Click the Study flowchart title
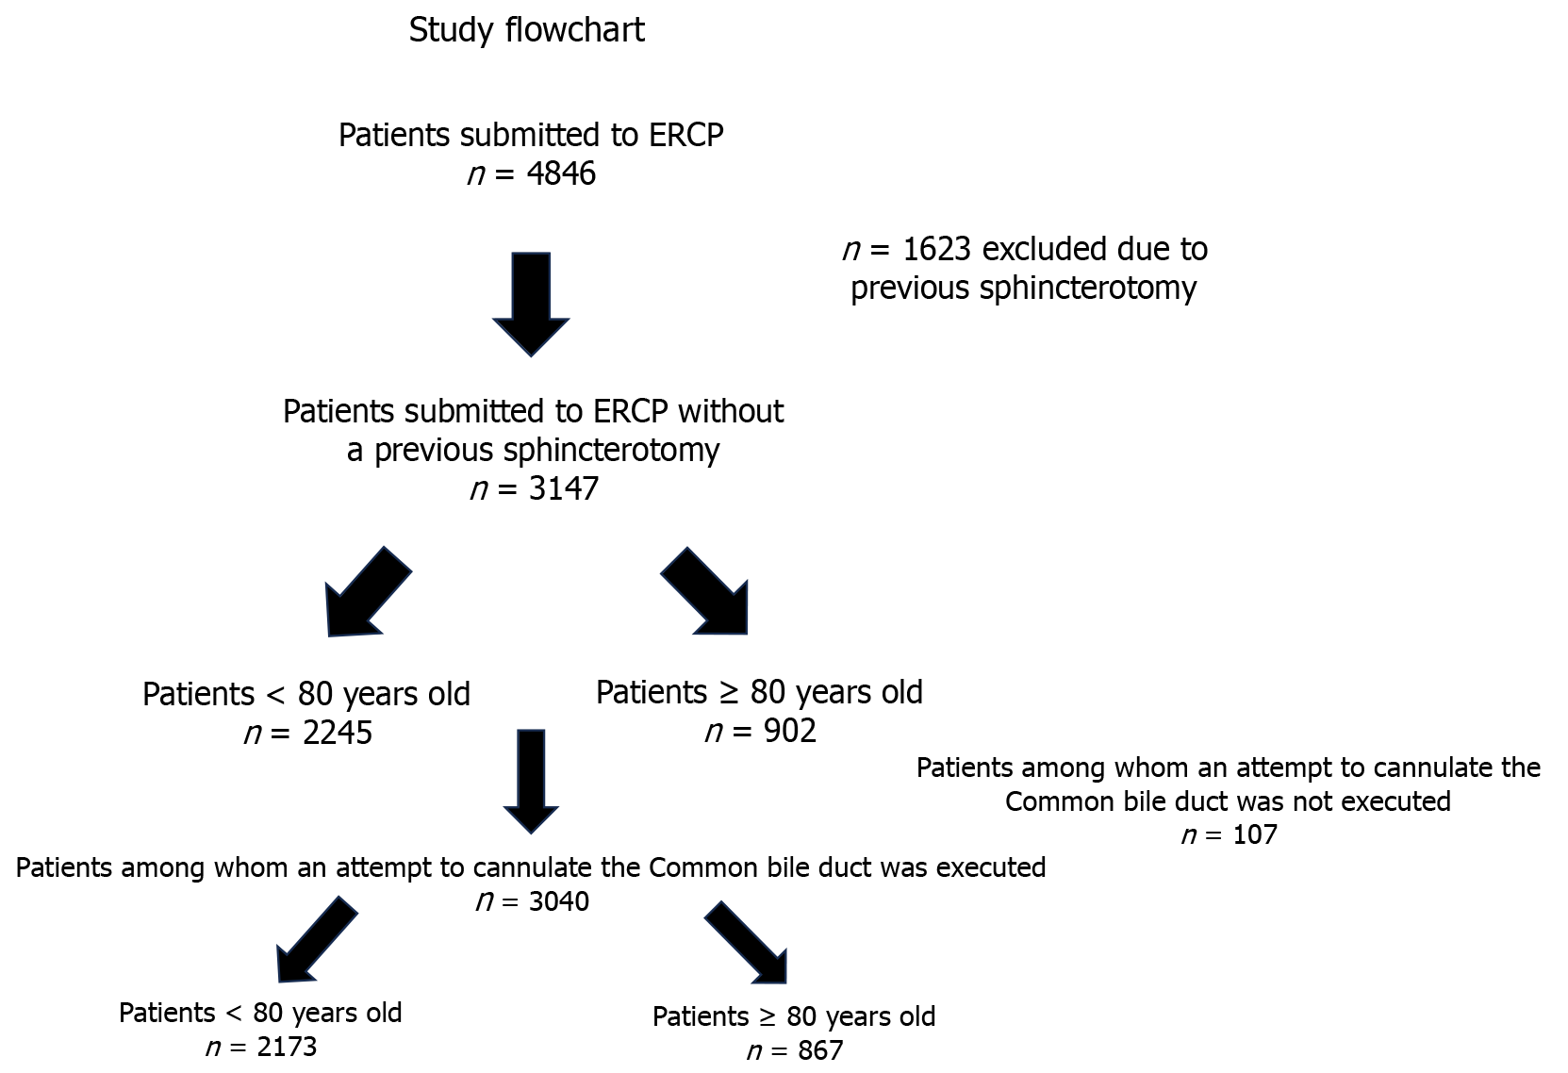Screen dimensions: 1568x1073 coord(526,31)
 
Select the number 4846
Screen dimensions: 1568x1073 coord(561,173)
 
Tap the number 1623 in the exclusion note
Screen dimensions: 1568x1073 coord(936,249)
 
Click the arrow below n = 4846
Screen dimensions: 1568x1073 coord(531,305)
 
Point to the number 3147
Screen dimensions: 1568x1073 coord(564,487)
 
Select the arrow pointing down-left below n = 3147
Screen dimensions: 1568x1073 coord(369,591)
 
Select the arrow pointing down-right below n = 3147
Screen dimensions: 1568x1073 coord(704,591)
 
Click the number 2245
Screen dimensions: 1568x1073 coord(338,733)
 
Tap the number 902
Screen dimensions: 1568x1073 coord(789,731)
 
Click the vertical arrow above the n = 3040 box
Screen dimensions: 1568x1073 coord(531,781)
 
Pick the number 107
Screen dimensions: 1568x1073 coord(1255,834)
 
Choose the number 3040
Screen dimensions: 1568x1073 coord(558,900)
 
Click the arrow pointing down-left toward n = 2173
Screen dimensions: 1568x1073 coord(317,939)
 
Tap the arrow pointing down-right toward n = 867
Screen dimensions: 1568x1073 coord(746,943)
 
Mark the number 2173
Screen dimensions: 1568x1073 coord(287,1047)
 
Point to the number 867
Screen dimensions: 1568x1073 coord(820,1050)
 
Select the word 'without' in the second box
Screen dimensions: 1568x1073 coord(731,411)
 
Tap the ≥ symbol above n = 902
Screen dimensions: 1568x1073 coord(729,692)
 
